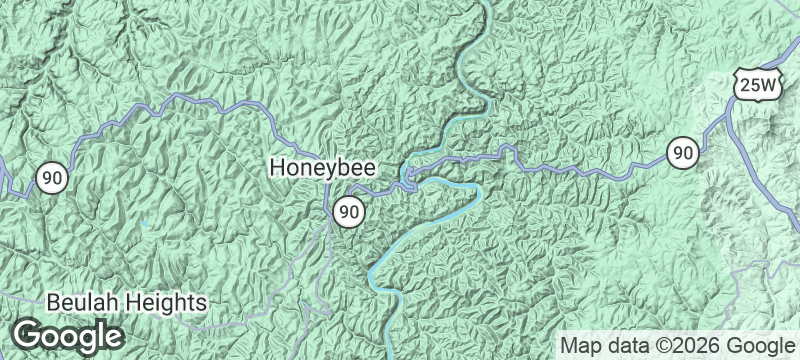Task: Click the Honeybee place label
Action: click(324, 169)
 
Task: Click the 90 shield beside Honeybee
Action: click(348, 211)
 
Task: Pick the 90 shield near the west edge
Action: click(52, 178)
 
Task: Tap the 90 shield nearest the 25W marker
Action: click(683, 153)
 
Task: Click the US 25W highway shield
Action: click(756, 87)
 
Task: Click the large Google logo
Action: click(69, 335)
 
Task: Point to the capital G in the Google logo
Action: click(30, 335)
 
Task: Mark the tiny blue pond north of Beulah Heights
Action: click(146, 223)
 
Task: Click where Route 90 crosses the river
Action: click(407, 180)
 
